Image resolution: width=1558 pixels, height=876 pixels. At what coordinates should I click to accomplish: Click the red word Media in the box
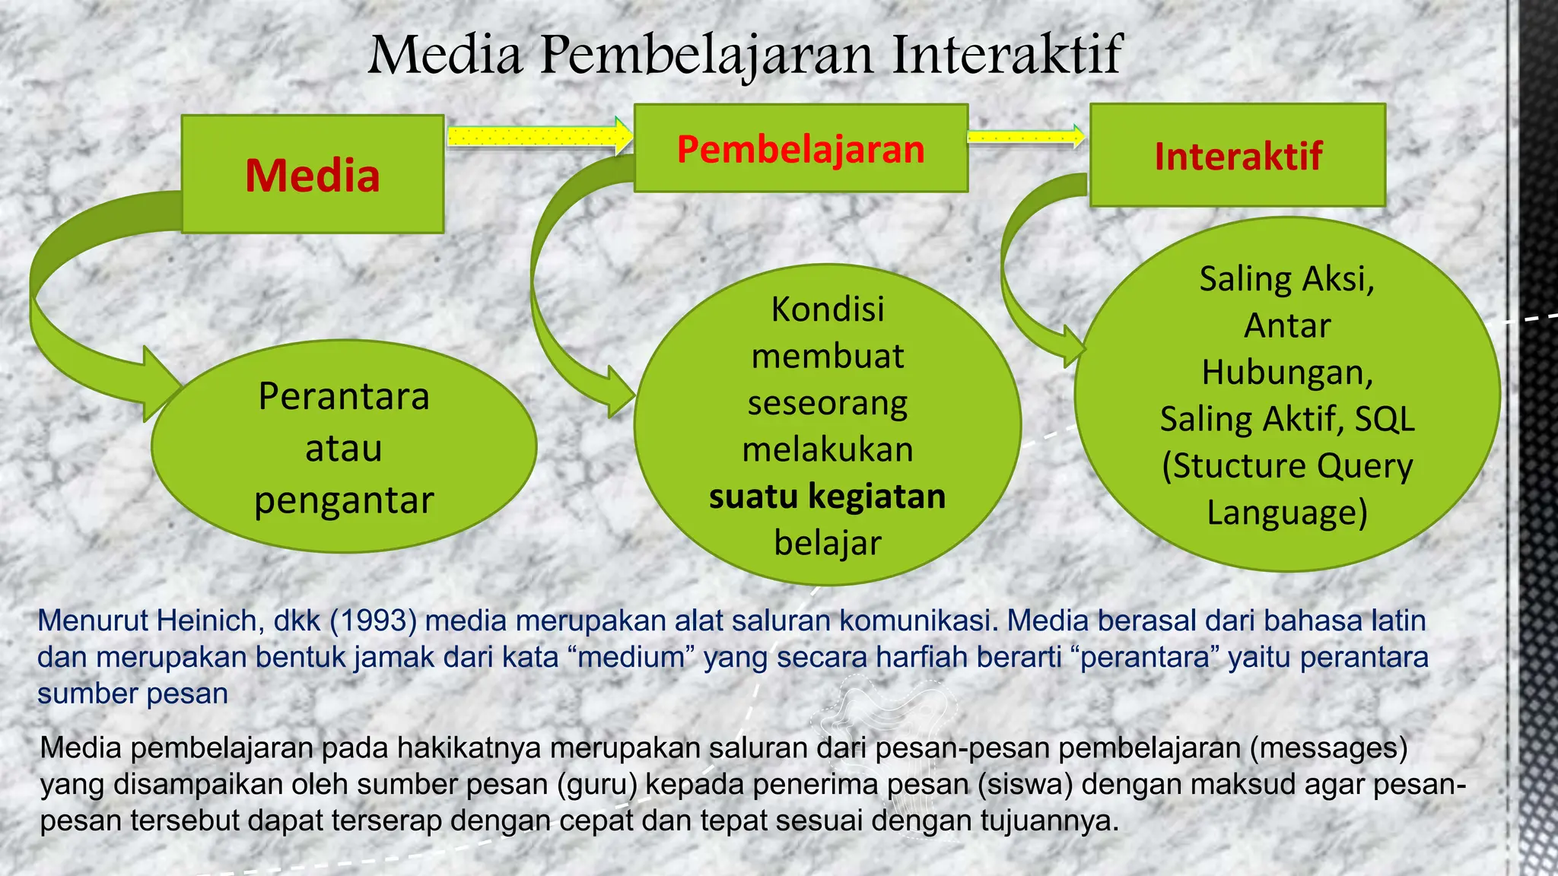click(x=312, y=176)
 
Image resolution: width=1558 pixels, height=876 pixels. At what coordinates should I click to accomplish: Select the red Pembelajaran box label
click(x=800, y=149)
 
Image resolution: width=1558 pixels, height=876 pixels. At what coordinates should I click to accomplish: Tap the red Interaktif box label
click(x=1238, y=157)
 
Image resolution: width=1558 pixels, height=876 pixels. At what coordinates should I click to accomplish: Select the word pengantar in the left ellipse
click(x=344, y=500)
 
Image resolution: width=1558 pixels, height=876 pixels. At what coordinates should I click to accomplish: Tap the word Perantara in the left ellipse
click(x=344, y=396)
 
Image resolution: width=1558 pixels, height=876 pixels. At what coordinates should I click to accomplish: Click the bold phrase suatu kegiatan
click(x=827, y=497)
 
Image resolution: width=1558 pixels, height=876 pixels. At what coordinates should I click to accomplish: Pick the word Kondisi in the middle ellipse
click(x=828, y=309)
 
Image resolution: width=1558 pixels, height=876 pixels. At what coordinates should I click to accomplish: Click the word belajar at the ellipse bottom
click(x=828, y=543)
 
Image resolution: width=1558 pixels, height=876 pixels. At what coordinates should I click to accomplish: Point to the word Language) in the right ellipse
click(x=1287, y=513)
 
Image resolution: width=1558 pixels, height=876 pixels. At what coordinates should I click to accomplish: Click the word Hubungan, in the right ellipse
click(x=1287, y=373)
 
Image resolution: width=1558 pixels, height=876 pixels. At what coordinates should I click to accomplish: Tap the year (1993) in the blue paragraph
click(x=373, y=621)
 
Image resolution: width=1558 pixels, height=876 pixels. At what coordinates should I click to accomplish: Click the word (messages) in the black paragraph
click(x=1328, y=748)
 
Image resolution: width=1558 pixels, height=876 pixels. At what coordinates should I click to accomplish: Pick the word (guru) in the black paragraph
click(x=596, y=785)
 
